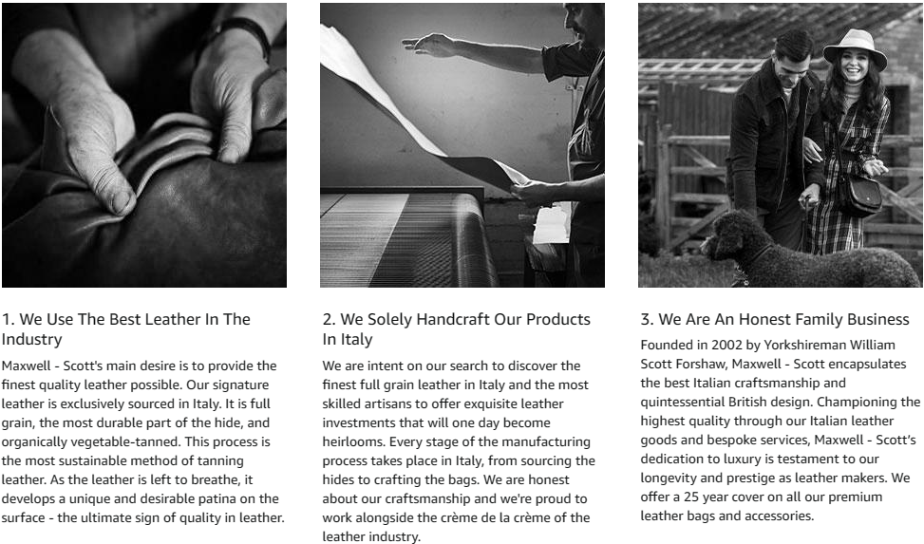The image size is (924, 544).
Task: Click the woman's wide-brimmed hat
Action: pyautogui.click(x=855, y=47)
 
